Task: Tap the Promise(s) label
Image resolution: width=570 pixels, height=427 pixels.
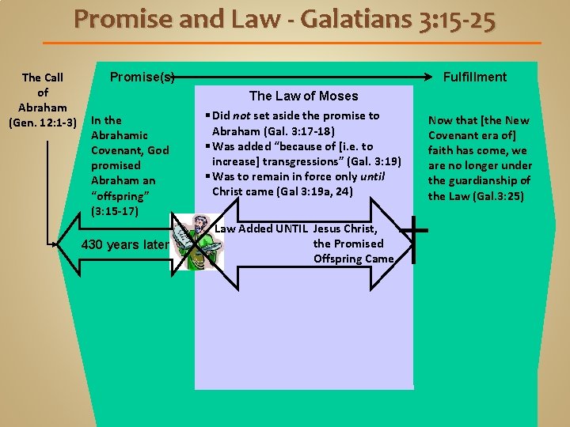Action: coord(142,77)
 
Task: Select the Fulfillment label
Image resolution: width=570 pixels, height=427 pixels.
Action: coord(475,77)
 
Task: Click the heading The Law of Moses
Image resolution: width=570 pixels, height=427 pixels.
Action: coord(303,96)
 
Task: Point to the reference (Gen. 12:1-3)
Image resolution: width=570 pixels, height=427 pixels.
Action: coord(43,123)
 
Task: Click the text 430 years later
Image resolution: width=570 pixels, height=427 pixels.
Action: coord(125,244)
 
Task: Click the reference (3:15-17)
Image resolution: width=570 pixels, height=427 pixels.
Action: coord(116,211)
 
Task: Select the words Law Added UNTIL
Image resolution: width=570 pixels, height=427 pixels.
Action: coord(262,229)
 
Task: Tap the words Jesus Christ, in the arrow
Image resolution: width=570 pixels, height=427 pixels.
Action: coord(349,229)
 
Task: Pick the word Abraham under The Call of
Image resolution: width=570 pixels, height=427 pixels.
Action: coord(43,108)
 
